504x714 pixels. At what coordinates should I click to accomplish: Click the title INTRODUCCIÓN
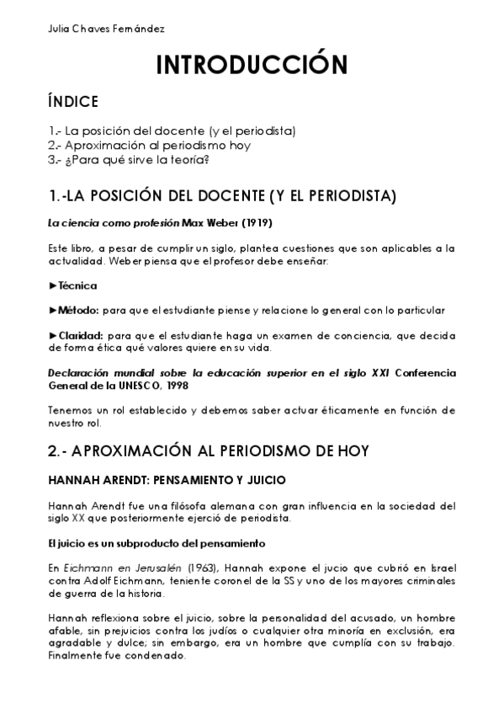(252, 66)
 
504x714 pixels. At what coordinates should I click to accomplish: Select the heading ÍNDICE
(73, 103)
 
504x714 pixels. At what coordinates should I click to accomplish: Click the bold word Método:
(81, 311)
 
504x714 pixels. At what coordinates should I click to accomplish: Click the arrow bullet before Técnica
(53, 286)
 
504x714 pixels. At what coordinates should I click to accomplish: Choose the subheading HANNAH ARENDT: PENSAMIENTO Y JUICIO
(168, 481)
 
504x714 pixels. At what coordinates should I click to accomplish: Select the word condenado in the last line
(154, 656)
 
